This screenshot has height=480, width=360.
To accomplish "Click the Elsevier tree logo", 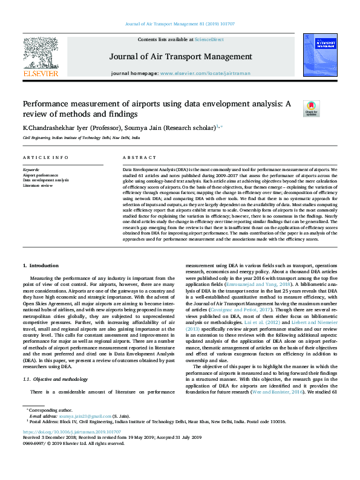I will pos(41,53).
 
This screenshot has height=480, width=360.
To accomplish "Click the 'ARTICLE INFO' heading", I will pos(45,158).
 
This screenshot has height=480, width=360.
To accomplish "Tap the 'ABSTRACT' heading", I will pos(135,158).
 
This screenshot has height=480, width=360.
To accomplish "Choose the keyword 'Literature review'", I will pos(38,185).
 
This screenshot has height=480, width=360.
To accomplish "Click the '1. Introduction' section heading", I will pos(41,266).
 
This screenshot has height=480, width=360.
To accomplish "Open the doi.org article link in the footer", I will pos(72,432).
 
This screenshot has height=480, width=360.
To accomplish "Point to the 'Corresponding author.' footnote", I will pos(49,410).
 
